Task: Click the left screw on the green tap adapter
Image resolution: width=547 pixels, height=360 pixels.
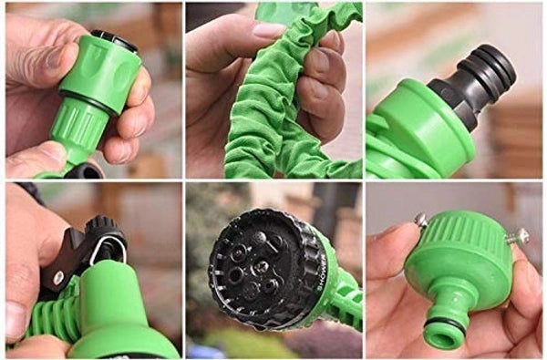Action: [421, 221]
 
